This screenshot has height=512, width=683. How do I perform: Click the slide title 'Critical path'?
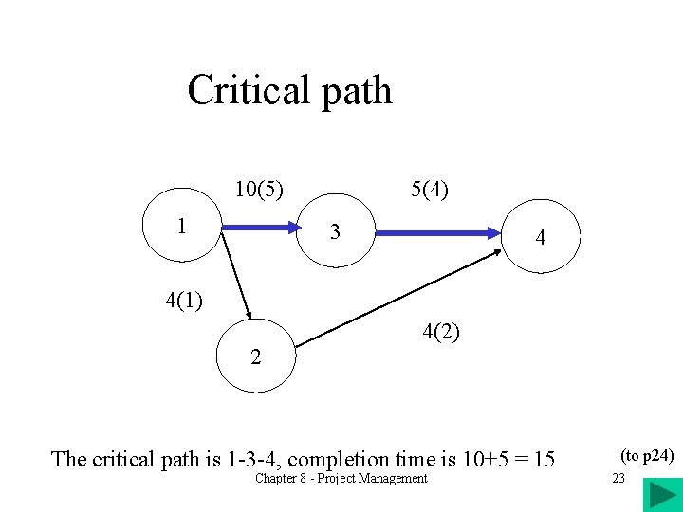click(x=289, y=91)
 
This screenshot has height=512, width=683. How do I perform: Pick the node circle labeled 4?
click(x=539, y=236)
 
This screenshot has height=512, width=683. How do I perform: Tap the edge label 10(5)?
click(x=262, y=189)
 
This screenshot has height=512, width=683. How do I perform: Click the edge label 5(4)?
click(x=430, y=189)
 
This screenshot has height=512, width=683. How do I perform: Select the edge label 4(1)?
click(x=183, y=302)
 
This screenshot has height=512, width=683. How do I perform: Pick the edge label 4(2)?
click(x=441, y=332)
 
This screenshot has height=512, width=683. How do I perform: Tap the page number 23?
click(x=618, y=478)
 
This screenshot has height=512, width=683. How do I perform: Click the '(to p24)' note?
click(x=646, y=456)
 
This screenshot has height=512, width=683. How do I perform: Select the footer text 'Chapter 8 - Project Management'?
click(x=341, y=478)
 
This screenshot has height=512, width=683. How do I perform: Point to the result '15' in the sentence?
click(x=545, y=460)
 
